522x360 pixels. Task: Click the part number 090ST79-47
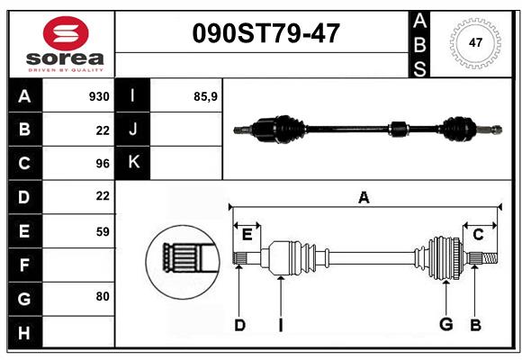coord(267,34)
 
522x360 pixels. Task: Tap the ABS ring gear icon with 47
coord(474,42)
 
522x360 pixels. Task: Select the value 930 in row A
coord(99,96)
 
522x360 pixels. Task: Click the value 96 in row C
coord(103,163)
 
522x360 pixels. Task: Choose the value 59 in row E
coord(103,231)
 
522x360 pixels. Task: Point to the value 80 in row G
coord(103,296)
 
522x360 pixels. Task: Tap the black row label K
coord(133,163)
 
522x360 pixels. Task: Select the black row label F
coord(24,265)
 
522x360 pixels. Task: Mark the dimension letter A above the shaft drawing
coord(364,198)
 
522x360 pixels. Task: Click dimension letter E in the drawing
coord(247,235)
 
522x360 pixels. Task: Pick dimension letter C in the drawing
coord(479,235)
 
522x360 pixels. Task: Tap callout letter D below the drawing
coord(239,325)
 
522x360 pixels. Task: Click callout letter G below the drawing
coord(445,325)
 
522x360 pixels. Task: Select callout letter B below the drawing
coord(476,325)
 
